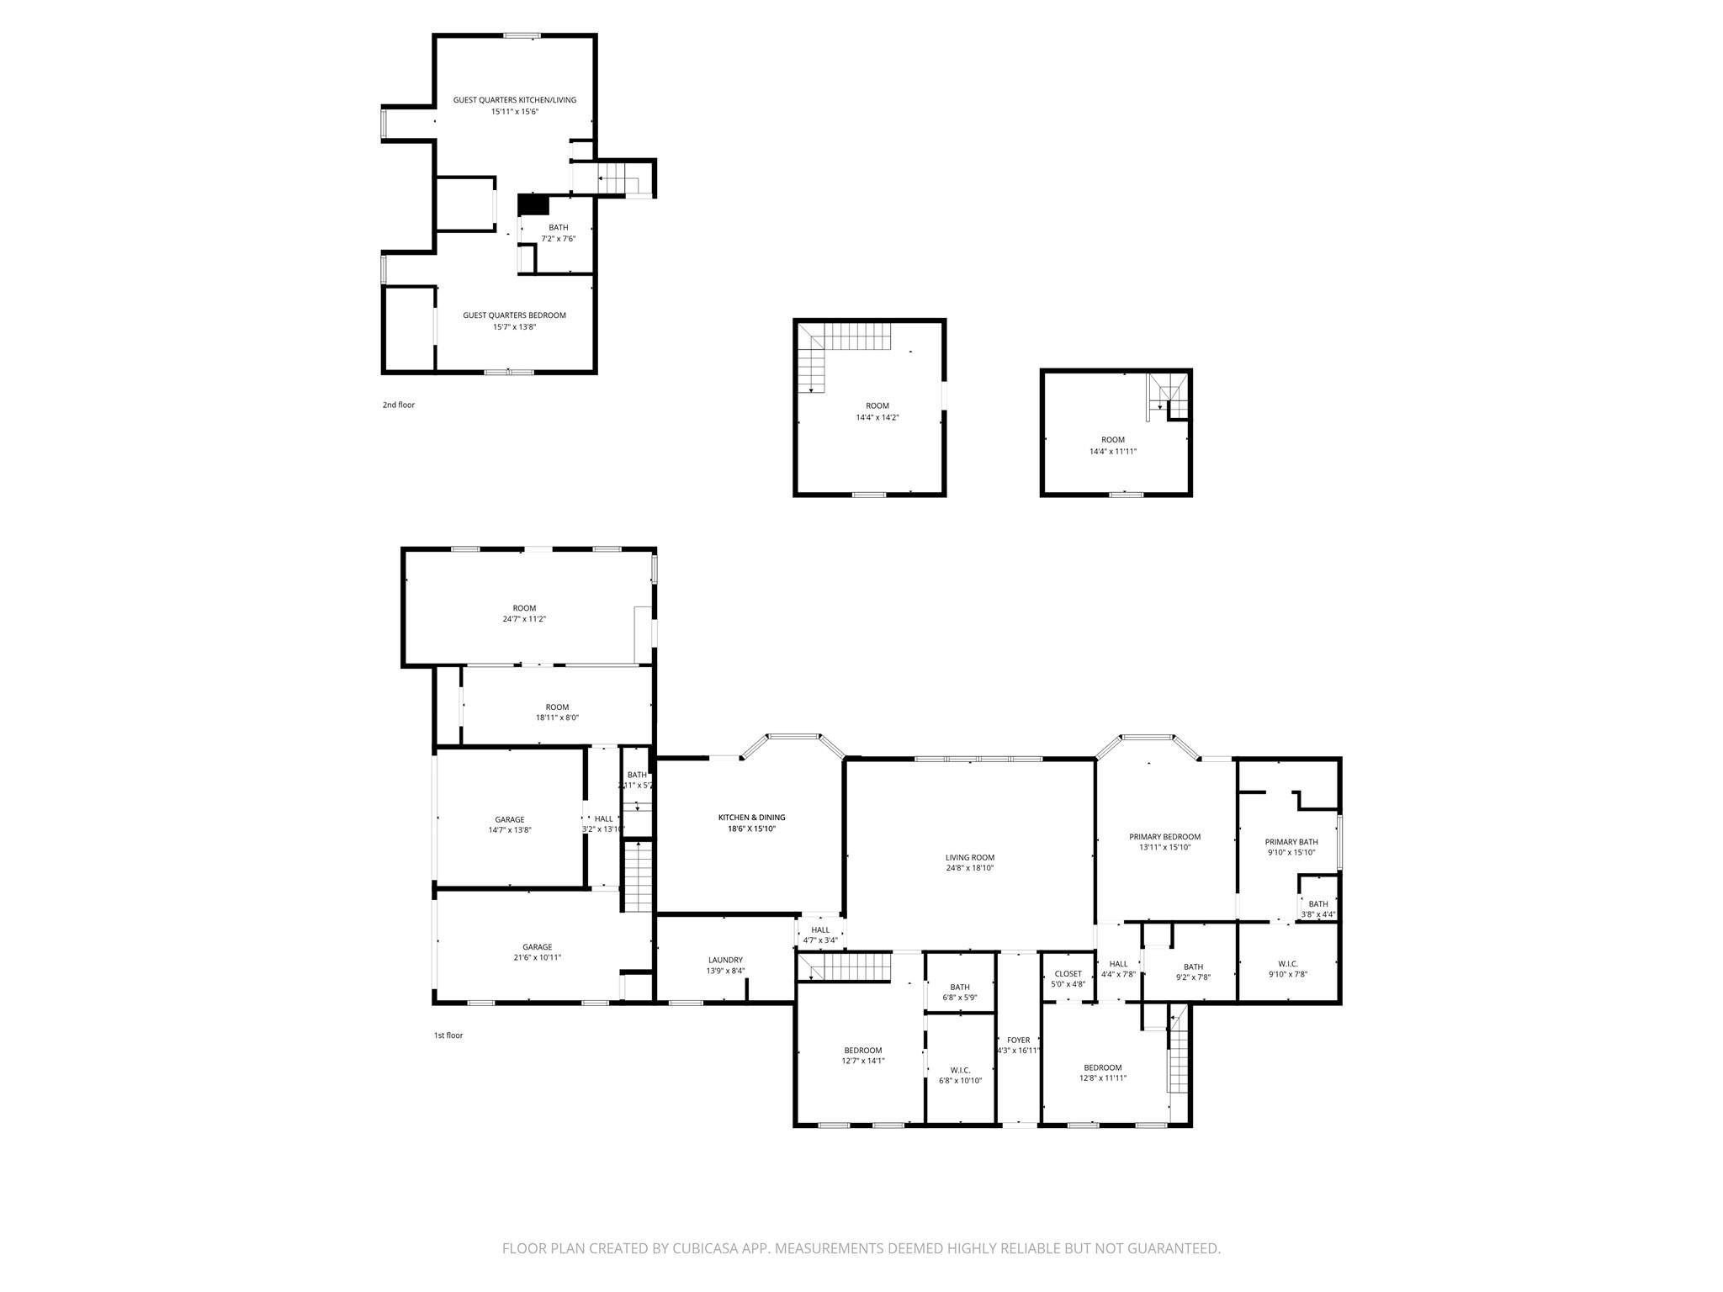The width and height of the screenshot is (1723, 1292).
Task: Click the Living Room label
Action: pos(969,858)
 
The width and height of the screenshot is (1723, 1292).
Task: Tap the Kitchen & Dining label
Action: pos(751,818)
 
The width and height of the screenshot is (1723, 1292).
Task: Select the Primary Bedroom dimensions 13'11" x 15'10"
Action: pos(1164,848)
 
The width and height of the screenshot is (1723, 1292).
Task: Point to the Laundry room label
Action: pos(725,960)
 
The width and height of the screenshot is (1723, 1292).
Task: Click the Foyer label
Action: pos(1018,1040)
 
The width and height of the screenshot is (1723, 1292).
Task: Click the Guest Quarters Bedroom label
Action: pos(514,315)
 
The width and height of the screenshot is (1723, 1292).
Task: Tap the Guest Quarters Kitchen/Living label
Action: pos(514,100)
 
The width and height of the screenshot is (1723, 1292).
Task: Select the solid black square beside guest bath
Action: pos(533,204)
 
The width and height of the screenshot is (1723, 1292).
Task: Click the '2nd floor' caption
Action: pos(399,405)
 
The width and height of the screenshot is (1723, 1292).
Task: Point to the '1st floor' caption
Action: pos(448,1035)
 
